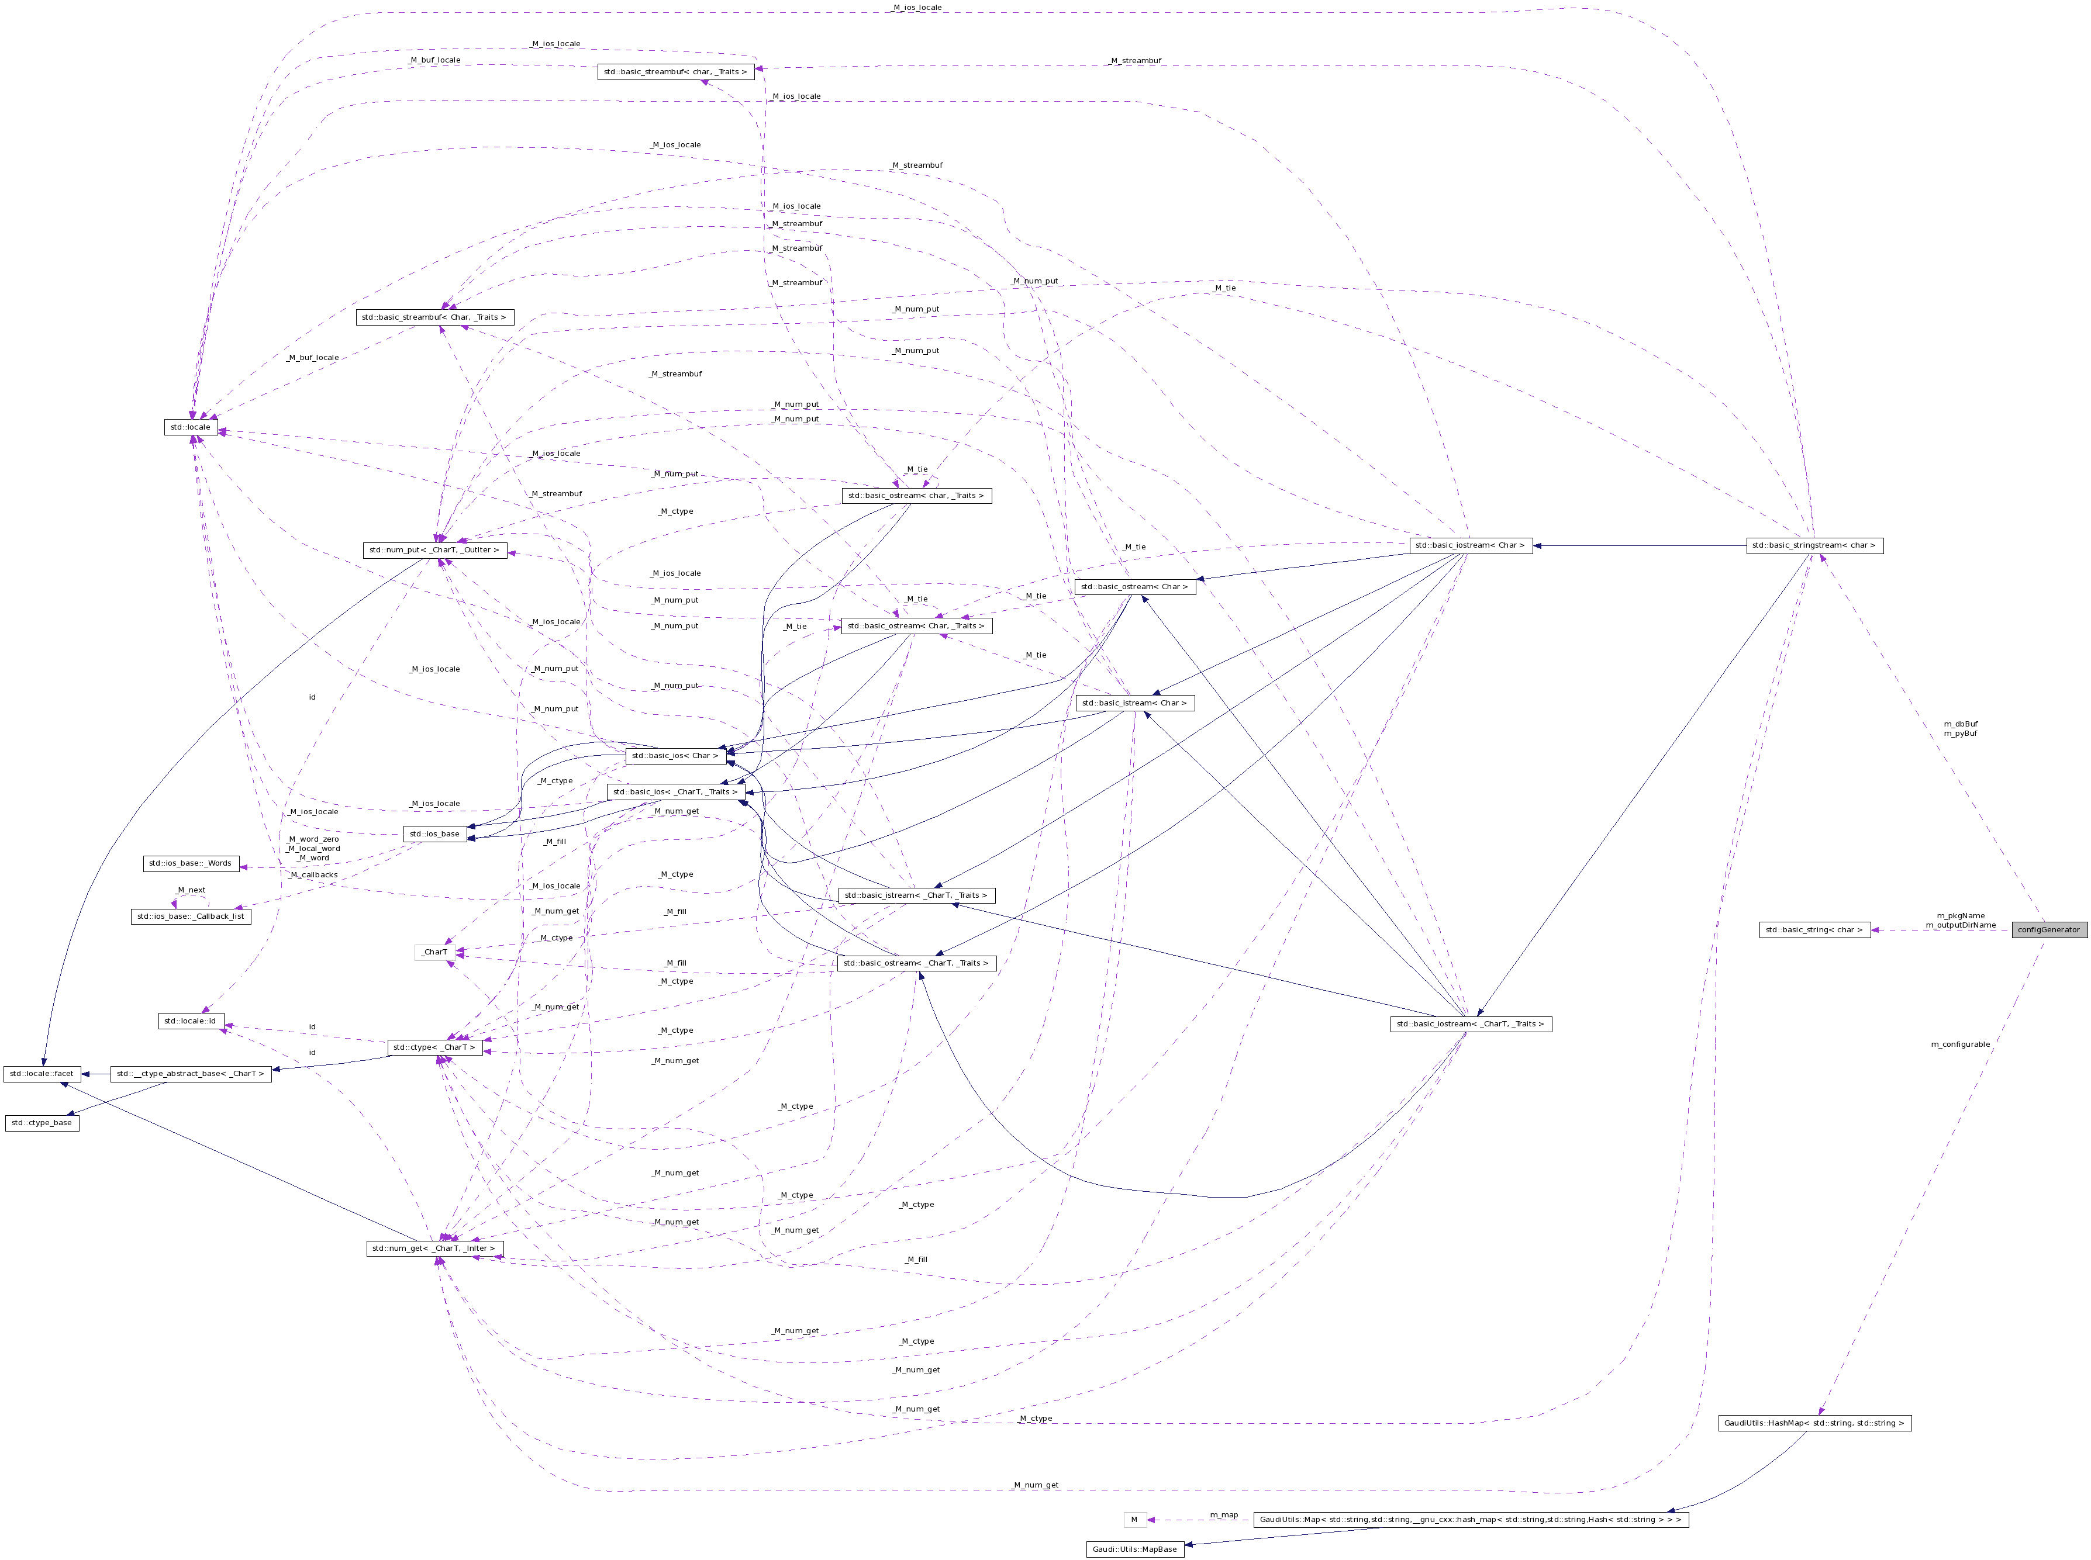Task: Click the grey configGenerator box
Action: point(2048,929)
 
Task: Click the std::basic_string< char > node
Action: point(1814,929)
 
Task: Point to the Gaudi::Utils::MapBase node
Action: point(1134,1549)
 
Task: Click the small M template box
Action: point(1134,1520)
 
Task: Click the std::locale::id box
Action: point(190,1020)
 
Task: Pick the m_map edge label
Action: point(1223,1514)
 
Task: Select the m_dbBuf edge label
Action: point(1959,724)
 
